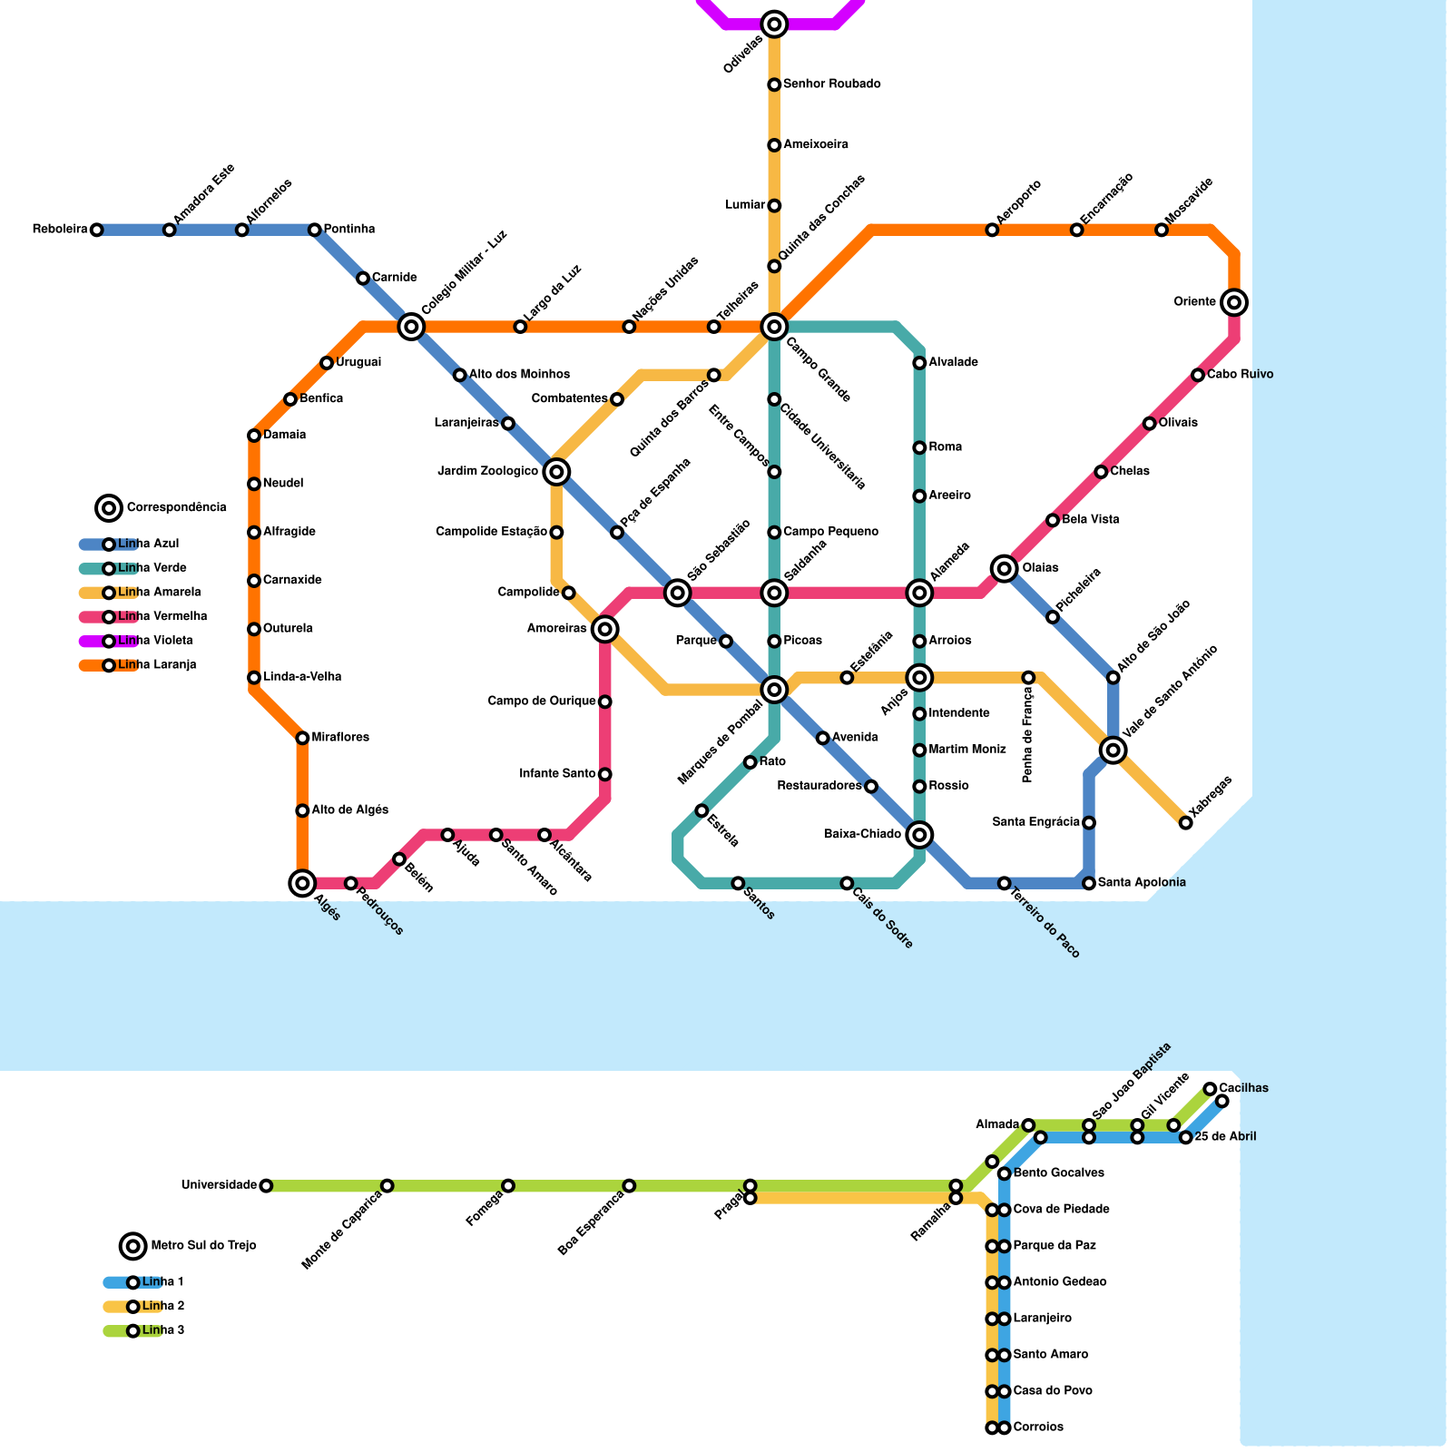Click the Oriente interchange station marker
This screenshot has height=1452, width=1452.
1233,302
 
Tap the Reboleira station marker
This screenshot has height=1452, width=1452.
97,230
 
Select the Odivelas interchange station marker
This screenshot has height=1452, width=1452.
774,25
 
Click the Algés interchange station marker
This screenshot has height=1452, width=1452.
302,882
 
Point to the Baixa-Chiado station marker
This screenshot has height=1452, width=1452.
919,834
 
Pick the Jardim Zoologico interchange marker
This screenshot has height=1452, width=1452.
557,471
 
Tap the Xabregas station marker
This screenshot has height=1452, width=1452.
1185,822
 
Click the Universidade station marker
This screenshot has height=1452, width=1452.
266,1185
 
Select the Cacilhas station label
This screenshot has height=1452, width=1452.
1243,1088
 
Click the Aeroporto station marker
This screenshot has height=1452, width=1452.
992,230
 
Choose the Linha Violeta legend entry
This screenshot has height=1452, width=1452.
154,641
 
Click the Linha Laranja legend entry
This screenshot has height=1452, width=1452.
156,665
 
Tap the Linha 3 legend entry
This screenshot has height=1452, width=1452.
162,1330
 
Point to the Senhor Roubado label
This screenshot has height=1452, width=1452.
831,84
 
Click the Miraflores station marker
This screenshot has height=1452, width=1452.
302,738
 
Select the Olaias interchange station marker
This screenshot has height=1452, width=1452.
1004,568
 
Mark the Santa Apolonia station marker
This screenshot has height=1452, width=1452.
1089,882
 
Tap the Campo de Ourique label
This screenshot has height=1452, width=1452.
542,701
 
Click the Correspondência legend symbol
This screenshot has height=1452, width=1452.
109,507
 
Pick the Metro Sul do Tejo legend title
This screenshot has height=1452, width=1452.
203,1245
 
